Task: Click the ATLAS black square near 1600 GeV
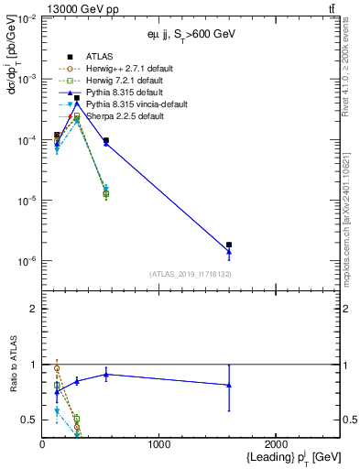coord(229,245)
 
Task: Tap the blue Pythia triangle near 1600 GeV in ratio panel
coord(229,385)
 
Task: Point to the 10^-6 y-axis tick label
coord(26,262)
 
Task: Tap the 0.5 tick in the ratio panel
coord(30,420)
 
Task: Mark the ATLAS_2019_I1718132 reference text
coord(190,274)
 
